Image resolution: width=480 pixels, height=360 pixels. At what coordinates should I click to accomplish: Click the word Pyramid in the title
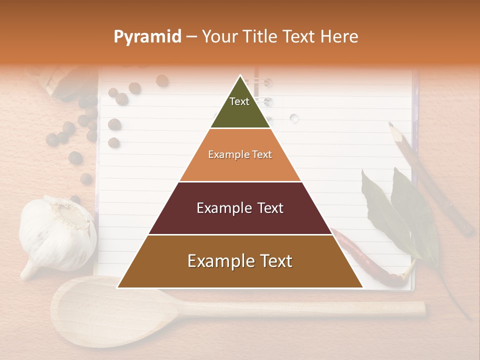[147, 37]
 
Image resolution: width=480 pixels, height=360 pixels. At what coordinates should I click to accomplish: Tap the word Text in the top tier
[239, 101]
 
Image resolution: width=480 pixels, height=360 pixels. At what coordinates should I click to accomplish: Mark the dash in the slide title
[191, 37]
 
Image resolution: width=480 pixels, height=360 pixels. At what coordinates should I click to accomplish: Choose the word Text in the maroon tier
[267, 208]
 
